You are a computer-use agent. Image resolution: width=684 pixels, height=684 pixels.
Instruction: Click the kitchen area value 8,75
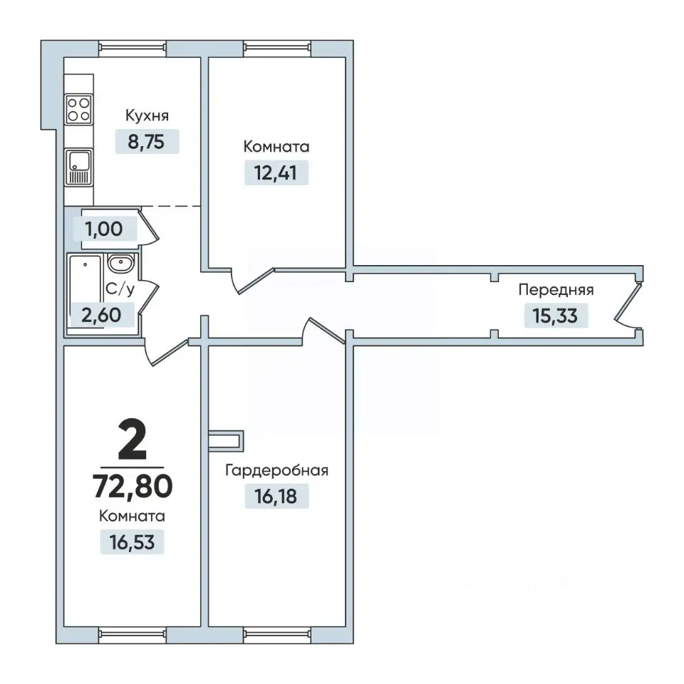point(147,142)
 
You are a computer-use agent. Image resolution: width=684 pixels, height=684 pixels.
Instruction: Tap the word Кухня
point(147,115)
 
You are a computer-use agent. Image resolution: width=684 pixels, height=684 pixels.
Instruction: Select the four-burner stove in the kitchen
point(78,109)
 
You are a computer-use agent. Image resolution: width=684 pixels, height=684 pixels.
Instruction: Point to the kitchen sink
point(78,167)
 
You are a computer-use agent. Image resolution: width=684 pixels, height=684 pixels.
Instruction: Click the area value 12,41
point(276,172)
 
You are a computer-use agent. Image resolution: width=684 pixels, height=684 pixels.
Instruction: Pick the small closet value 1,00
point(104,229)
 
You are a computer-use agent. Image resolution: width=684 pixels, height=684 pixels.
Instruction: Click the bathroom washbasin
point(121,264)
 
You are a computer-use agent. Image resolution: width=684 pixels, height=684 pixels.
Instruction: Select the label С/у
point(120,289)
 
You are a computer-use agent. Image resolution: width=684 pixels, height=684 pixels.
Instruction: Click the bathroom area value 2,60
point(102,314)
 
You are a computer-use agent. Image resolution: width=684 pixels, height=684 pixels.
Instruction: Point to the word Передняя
point(556,290)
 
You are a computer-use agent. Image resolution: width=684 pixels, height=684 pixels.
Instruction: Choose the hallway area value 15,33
point(555,316)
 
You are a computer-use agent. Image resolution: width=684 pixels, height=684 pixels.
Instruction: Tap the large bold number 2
point(133,441)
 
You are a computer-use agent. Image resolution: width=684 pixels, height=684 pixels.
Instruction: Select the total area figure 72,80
point(133,486)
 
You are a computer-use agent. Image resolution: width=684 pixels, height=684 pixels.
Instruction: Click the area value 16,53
point(132,542)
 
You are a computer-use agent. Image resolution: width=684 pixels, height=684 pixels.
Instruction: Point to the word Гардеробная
point(276,471)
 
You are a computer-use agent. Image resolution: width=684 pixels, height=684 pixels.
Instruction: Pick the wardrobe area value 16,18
point(276,497)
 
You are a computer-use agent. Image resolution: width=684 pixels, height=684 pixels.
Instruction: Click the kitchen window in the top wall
point(133,48)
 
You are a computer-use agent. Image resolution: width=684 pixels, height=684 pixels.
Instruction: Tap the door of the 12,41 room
point(253,280)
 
